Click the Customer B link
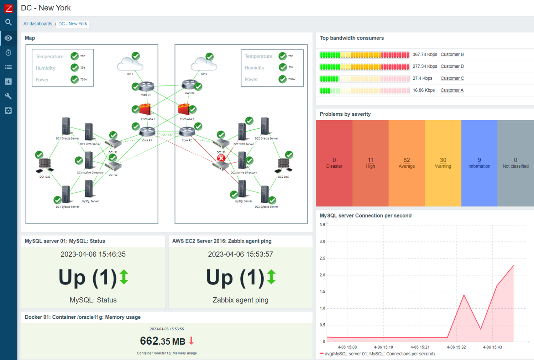tap(452, 54)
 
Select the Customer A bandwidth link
tap(452, 90)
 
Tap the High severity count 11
tap(370, 160)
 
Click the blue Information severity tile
tap(479, 163)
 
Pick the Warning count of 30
tap(443, 160)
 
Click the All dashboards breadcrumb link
tap(38, 24)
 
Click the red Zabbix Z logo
tap(9, 8)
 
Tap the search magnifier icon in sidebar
tap(9, 22)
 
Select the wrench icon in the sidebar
tap(9, 96)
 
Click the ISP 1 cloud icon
tap(130, 64)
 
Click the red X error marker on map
tap(221, 158)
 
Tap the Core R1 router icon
tap(147, 131)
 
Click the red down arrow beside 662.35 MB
tap(192, 341)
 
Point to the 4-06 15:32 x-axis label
tap(456, 347)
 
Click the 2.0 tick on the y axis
tap(322, 275)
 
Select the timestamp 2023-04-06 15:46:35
tap(93, 254)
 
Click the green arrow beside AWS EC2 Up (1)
tap(271, 277)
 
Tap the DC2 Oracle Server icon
tap(265, 126)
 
